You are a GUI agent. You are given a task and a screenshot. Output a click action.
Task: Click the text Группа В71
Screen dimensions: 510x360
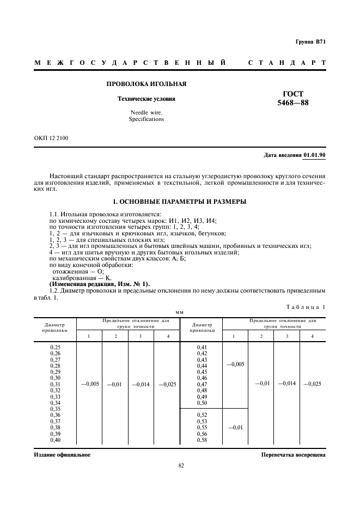coord(310,42)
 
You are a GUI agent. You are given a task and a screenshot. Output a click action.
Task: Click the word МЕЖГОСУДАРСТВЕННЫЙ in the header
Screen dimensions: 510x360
coord(130,63)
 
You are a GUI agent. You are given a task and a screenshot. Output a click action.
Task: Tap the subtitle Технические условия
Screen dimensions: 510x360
coord(147,99)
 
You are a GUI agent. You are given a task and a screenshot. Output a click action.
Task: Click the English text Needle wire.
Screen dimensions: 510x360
coord(146,112)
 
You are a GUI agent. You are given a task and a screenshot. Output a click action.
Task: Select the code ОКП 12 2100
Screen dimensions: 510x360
coord(51,138)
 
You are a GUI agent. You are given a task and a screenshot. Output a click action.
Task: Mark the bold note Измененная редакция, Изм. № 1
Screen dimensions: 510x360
coord(99,284)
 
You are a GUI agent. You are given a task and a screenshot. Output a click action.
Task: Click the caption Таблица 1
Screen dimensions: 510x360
coord(306,307)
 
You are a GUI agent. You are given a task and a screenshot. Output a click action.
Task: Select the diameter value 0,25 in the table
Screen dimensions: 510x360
coord(55,347)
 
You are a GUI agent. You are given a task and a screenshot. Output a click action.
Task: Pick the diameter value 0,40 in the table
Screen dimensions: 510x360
coord(55,440)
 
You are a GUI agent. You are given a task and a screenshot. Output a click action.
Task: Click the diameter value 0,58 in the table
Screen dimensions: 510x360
coord(202,440)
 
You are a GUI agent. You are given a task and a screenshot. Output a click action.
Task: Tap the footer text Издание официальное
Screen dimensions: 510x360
coord(62,454)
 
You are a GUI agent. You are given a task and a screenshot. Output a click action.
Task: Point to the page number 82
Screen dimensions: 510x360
coord(181,465)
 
